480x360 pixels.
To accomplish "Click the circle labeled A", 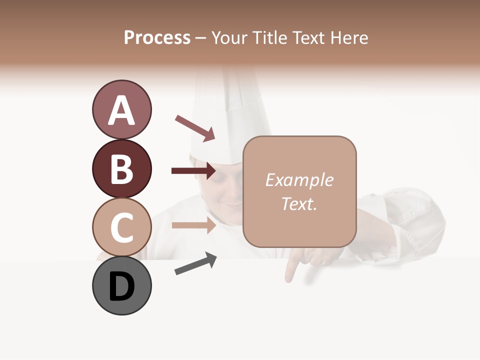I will tap(121, 109).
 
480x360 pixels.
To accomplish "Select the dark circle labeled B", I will tap(121, 168).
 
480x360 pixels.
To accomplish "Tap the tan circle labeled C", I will tap(121, 227).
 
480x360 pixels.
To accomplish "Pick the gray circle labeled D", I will tap(121, 285).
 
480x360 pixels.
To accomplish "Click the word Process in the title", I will tap(157, 37).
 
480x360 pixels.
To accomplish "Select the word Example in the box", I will tap(299, 180).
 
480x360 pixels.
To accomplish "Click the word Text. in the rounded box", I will tap(299, 203).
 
